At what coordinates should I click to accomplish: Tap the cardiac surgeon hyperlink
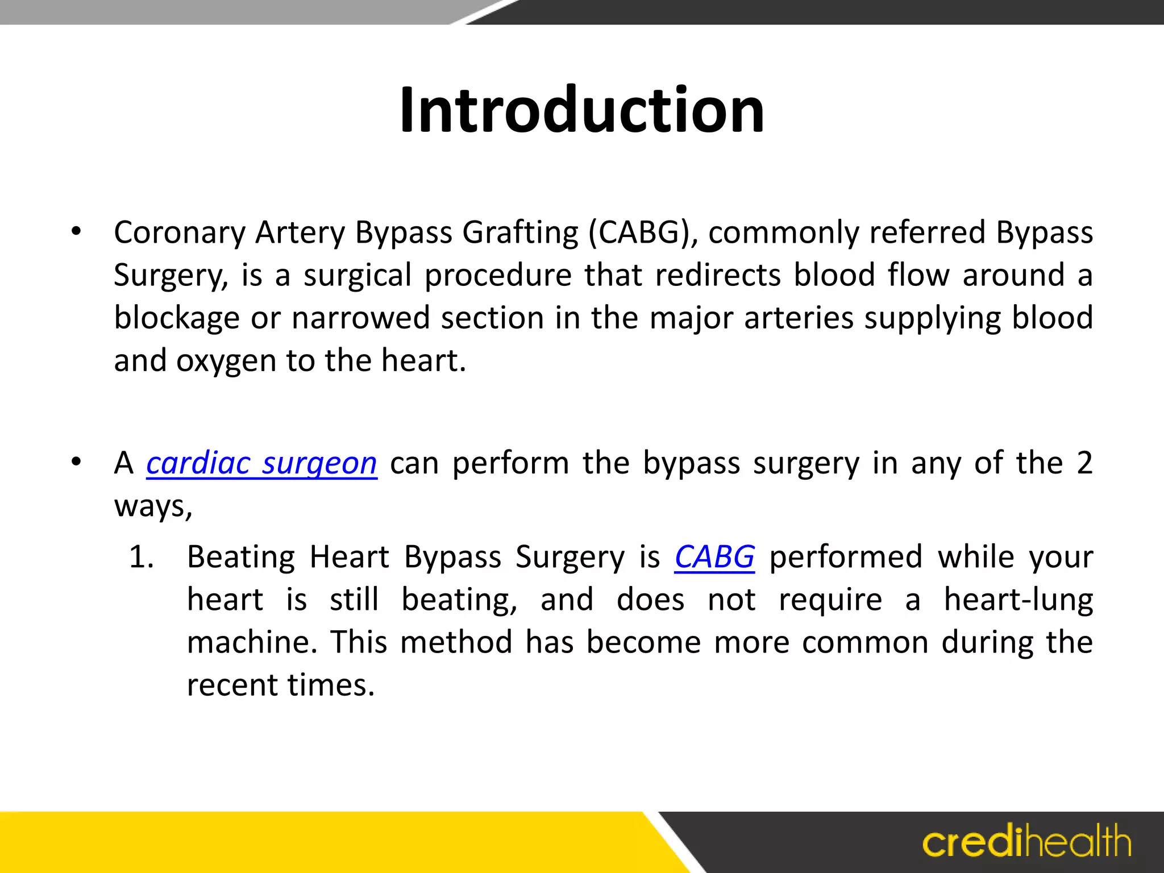(261, 463)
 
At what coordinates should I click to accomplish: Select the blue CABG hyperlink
(714, 557)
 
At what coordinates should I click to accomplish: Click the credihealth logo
(1026, 842)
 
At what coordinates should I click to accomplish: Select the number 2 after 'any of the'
(1084, 463)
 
